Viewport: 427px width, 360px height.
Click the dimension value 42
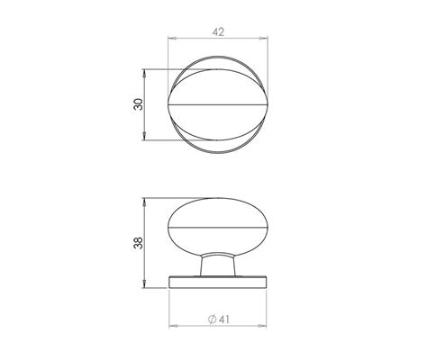click(217, 31)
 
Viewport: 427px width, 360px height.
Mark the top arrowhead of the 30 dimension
click(148, 73)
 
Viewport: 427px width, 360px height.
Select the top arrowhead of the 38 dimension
click(148, 199)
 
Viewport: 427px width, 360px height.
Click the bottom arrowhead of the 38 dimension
click(148, 284)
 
